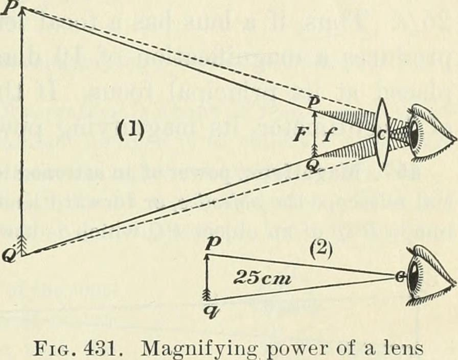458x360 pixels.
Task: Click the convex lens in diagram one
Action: [382, 133]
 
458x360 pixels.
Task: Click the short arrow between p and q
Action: [208, 277]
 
